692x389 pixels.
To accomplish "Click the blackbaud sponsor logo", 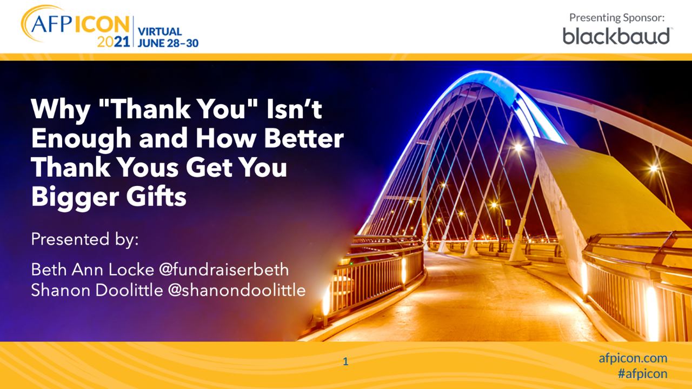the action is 617,36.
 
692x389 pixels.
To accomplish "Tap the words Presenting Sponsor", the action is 617,18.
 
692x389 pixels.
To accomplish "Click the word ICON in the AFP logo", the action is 102,24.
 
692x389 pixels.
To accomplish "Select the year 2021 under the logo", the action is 114,42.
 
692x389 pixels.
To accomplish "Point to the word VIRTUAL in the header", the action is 159,31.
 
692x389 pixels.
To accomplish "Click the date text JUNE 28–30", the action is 168,43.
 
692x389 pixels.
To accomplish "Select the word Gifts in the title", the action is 156,196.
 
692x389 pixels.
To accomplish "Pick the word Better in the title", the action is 304,138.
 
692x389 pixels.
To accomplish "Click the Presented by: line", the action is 85,239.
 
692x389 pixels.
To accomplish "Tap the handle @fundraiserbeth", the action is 224,270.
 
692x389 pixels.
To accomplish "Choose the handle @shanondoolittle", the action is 237,290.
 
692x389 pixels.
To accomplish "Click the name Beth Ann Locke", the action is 92,270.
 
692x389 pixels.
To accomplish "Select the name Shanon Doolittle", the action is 97,290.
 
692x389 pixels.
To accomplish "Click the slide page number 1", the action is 345,361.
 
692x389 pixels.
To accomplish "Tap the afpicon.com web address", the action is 633,358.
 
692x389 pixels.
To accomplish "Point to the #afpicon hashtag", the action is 643,374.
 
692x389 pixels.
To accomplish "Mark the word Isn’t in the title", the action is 294,109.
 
